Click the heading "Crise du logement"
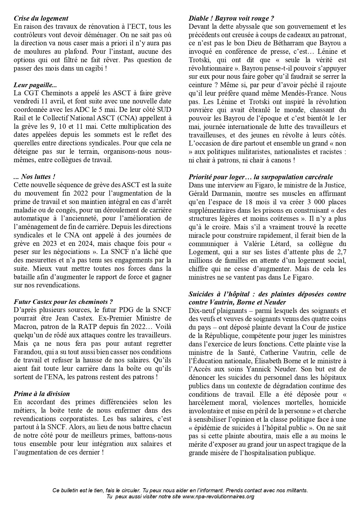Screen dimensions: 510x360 pos(41,18)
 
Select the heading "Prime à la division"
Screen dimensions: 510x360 pos(42,394)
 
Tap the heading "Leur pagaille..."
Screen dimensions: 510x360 pos(35,85)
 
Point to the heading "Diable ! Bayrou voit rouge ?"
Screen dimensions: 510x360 pos(231,18)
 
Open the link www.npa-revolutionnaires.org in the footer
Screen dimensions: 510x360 pos(218,496)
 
